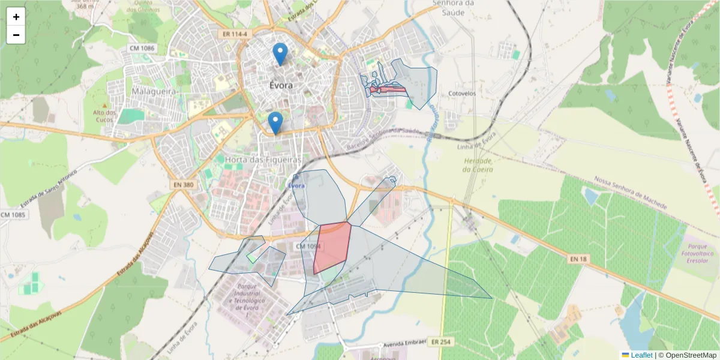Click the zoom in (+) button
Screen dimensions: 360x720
point(16,17)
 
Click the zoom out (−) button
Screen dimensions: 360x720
point(16,35)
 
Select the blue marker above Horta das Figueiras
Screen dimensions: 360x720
point(275,122)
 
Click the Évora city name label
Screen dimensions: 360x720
point(281,85)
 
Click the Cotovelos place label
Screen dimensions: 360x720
point(462,94)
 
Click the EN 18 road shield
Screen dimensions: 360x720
point(578,259)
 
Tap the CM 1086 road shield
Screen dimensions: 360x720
point(142,47)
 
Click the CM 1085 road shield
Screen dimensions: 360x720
point(13,214)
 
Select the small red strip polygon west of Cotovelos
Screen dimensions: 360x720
point(388,90)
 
